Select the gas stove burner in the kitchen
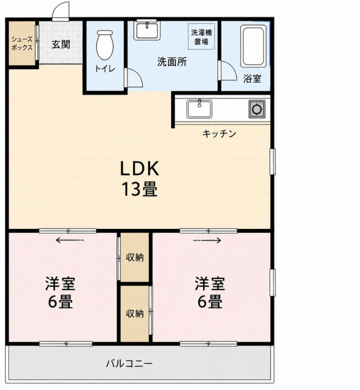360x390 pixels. pyautogui.click(x=256, y=109)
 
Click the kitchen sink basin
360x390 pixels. pyautogui.click(x=199, y=109)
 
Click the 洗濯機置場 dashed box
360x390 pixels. pyautogui.click(x=201, y=37)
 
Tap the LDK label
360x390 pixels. pyautogui.click(x=139, y=169)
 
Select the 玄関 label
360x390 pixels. pyautogui.click(x=61, y=45)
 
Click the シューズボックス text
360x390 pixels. pyautogui.click(x=22, y=43)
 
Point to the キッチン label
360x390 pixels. pyautogui.click(x=219, y=134)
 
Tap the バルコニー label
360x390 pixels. pyautogui.click(x=129, y=364)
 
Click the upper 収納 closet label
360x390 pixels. pyautogui.click(x=135, y=257)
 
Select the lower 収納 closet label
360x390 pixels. pyautogui.click(x=135, y=314)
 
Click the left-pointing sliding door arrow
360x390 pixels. pyautogui.click(x=70, y=240)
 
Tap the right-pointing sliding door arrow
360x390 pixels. pyautogui.click(x=207, y=240)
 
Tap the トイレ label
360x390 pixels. pyautogui.click(x=105, y=69)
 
